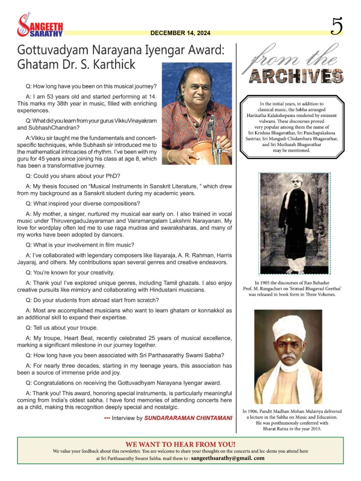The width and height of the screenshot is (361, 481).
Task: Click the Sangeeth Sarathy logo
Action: coord(39,26)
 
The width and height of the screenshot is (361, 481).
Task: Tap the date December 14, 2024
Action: coord(180,33)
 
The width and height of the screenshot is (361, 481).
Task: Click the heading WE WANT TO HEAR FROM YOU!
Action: coord(180,443)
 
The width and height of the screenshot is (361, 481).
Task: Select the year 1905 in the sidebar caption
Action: coord(266,282)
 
